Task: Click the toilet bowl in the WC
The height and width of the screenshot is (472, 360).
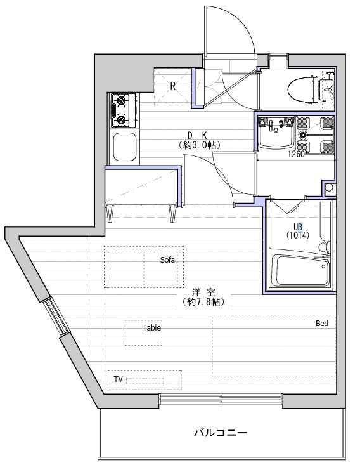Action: (x=302, y=89)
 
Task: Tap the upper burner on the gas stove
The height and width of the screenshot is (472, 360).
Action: (x=121, y=100)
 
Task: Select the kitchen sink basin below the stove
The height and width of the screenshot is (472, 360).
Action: (x=124, y=147)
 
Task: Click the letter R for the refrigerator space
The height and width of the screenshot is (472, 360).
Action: (x=172, y=86)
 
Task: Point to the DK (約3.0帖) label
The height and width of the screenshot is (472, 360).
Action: (x=198, y=140)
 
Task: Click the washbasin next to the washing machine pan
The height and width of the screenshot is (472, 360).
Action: (x=276, y=133)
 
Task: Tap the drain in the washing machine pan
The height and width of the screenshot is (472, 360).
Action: (x=302, y=134)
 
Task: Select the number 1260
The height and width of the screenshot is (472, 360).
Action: (x=296, y=154)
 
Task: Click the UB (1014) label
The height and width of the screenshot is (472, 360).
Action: (x=297, y=231)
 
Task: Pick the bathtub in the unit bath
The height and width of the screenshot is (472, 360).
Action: (x=302, y=270)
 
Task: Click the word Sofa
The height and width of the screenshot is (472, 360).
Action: (x=167, y=259)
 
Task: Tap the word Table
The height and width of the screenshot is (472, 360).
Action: (x=152, y=327)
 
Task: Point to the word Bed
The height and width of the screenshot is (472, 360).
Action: (x=322, y=324)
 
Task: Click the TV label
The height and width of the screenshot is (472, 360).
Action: (x=118, y=379)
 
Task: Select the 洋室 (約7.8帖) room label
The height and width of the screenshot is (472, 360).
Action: (x=203, y=298)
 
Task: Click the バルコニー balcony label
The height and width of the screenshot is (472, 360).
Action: (x=221, y=433)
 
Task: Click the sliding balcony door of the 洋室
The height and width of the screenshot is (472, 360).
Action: (x=221, y=400)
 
